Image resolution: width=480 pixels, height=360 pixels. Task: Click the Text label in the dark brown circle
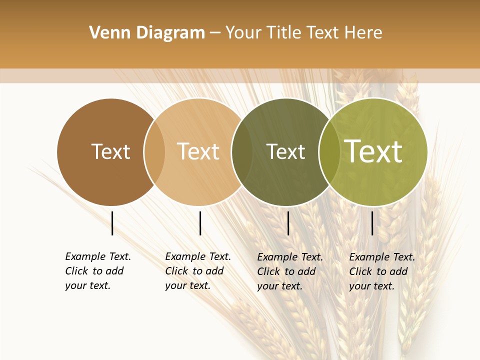[x=110, y=151]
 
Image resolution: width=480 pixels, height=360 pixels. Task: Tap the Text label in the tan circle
[x=198, y=151]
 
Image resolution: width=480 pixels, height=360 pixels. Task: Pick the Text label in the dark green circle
[x=285, y=151]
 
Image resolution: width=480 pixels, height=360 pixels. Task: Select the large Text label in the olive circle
[x=373, y=151]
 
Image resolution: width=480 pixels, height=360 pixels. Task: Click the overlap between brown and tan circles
[x=154, y=151]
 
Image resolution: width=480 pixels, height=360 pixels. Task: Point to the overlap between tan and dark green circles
[x=242, y=151]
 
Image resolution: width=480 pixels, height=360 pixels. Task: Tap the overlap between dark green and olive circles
[x=329, y=151]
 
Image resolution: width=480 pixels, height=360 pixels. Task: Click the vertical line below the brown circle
[x=112, y=223]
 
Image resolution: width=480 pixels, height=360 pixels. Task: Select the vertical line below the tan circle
[x=200, y=223]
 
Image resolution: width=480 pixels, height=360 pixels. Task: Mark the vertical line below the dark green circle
[x=288, y=223]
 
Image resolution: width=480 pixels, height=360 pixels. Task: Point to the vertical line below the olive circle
[x=372, y=223]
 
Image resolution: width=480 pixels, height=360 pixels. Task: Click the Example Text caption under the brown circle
[x=97, y=271]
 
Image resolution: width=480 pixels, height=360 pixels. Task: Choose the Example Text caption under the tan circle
[x=197, y=271]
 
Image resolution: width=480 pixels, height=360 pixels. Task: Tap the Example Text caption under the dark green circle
[x=289, y=271]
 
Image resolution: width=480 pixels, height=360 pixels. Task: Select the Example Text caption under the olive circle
[x=381, y=271]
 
